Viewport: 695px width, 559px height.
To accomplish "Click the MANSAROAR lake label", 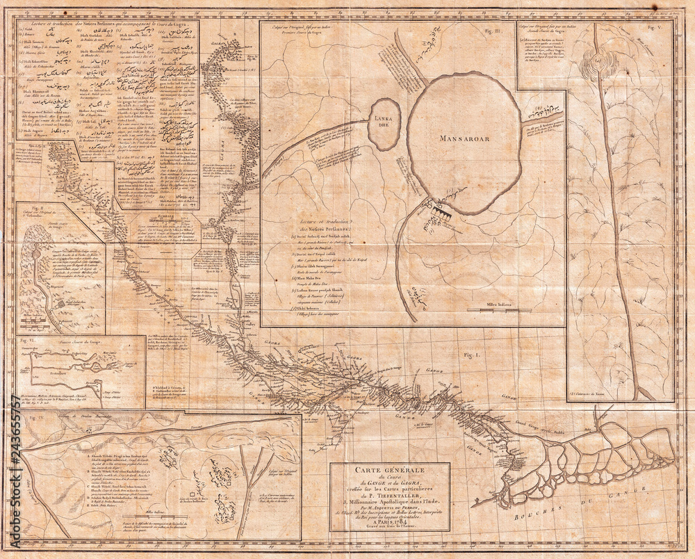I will pyautogui.click(x=464, y=138).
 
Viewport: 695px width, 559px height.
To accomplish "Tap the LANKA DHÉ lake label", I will pyautogui.click(x=384, y=120).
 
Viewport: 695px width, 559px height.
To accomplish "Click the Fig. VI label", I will pyautogui.click(x=27, y=341).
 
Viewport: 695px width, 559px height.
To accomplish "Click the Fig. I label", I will pyautogui.click(x=473, y=355).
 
